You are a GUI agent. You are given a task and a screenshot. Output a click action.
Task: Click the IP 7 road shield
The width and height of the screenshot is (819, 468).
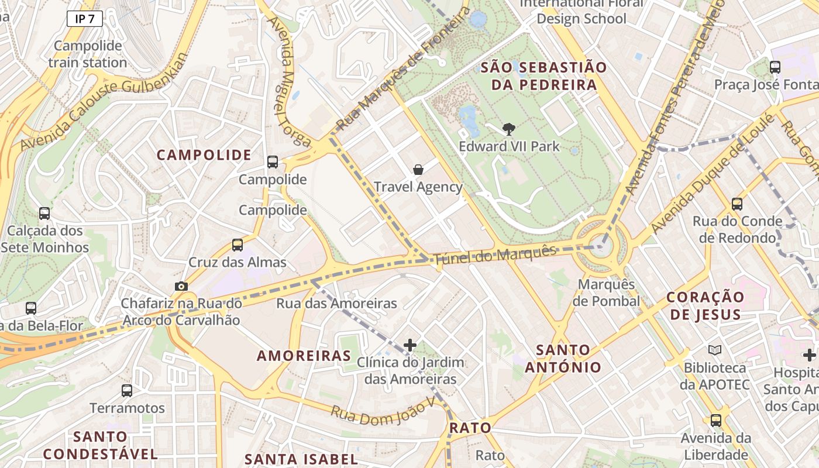[x=85, y=19]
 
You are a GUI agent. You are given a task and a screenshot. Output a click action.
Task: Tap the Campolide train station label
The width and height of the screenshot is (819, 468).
[x=88, y=54]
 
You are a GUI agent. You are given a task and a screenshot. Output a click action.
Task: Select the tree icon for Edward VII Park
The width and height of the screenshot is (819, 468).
[x=509, y=129]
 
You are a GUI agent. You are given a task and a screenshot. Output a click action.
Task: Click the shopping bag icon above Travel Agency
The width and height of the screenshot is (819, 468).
[x=418, y=170]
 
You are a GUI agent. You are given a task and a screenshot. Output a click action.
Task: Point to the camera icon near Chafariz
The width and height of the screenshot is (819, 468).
[x=181, y=286]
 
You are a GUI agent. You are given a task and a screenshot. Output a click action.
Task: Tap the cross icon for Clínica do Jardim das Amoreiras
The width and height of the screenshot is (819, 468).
[x=410, y=345]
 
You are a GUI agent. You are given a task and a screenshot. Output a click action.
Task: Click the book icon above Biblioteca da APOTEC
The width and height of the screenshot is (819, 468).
[x=714, y=350]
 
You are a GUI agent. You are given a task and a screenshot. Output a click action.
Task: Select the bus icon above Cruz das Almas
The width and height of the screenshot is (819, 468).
[x=238, y=245]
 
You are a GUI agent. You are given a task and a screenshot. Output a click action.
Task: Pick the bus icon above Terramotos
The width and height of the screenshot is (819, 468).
[x=127, y=391]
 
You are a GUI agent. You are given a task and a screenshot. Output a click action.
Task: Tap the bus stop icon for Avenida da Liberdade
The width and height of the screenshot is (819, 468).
[x=715, y=420]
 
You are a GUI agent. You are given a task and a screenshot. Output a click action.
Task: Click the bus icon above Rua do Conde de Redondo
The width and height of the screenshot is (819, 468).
[x=737, y=204]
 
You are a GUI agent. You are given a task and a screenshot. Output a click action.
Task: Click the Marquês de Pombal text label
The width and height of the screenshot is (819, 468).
[x=606, y=292]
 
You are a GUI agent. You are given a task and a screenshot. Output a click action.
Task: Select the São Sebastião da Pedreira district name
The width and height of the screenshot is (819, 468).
[x=543, y=76]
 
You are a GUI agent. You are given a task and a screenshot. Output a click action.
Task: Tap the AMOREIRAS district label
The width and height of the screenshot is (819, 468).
[x=304, y=356]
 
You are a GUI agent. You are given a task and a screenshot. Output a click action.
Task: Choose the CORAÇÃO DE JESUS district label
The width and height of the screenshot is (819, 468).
[x=706, y=305]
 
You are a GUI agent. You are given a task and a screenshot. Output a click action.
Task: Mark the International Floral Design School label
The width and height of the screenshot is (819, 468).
[x=581, y=11]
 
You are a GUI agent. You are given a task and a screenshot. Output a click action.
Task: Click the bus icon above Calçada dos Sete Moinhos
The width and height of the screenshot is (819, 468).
[x=44, y=214]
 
